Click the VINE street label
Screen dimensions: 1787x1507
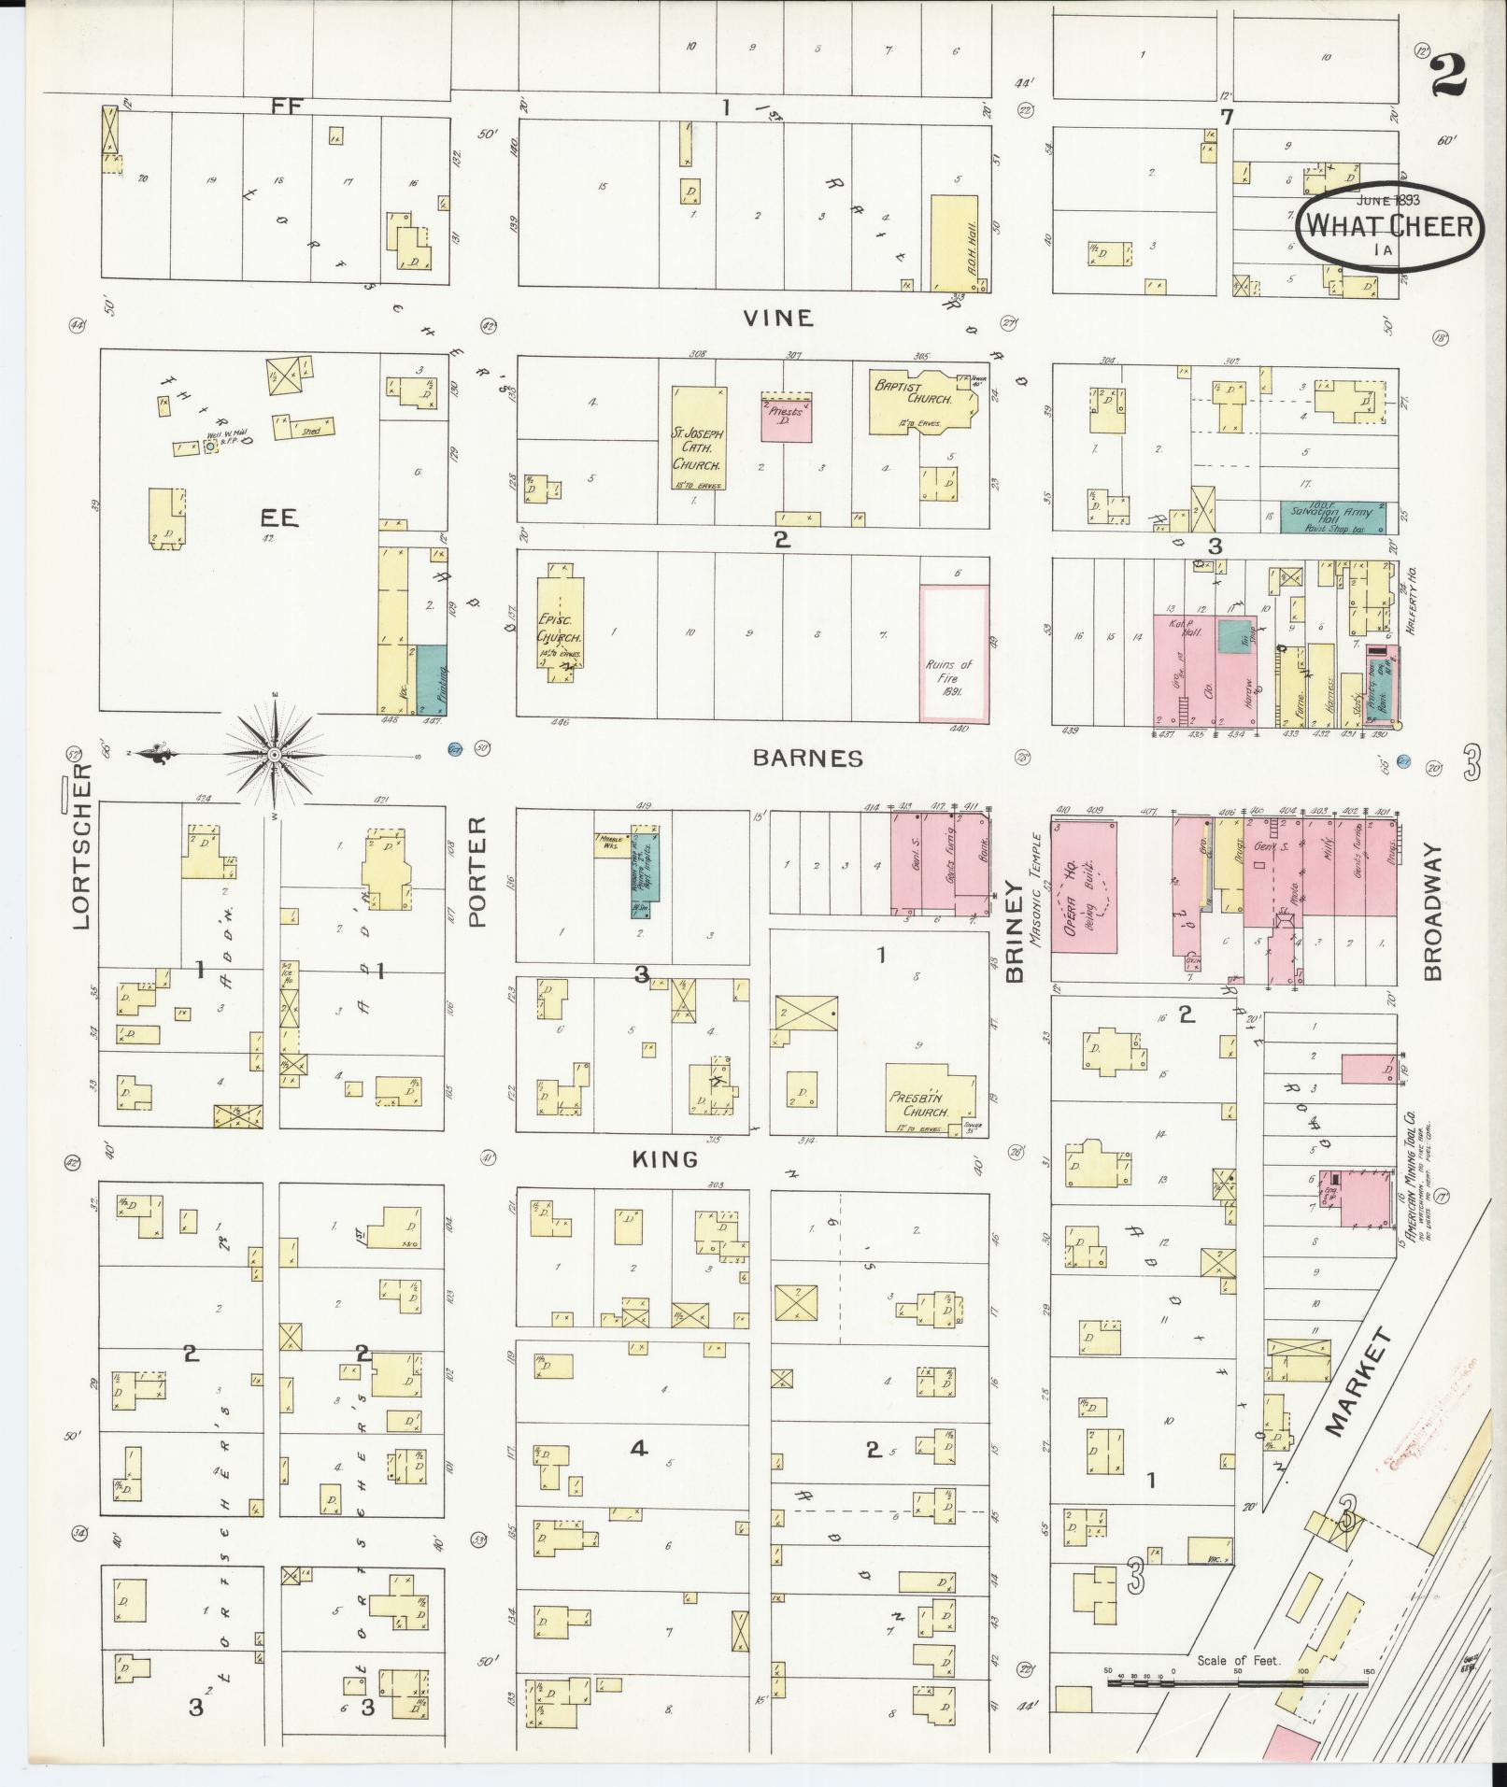(777, 319)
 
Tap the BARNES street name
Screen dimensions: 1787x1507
(808, 758)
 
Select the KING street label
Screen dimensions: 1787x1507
(665, 1159)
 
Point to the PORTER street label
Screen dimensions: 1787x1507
(477, 872)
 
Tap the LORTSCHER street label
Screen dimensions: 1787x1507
(82, 846)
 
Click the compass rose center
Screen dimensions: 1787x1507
(274, 753)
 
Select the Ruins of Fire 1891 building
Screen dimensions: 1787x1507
(954, 653)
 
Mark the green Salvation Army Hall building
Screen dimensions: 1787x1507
(1330, 517)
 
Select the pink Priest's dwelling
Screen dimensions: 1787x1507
(787, 417)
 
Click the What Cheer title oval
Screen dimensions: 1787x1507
(1387, 226)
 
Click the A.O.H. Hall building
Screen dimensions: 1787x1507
(954, 243)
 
